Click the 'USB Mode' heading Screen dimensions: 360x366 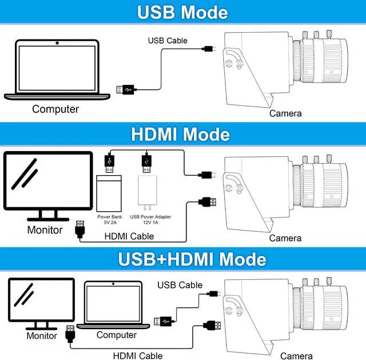182,13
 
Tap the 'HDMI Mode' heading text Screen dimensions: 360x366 180,134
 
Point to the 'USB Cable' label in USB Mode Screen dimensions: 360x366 168,41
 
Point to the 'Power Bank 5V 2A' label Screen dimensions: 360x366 109,220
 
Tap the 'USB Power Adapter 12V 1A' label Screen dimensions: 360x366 150,220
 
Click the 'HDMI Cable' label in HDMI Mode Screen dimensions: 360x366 129,236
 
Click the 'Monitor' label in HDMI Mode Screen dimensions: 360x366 45,230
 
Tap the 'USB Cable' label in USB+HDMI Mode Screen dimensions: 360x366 180,285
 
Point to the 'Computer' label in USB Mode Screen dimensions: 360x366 55,109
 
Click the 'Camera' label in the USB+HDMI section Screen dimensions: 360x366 296,356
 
